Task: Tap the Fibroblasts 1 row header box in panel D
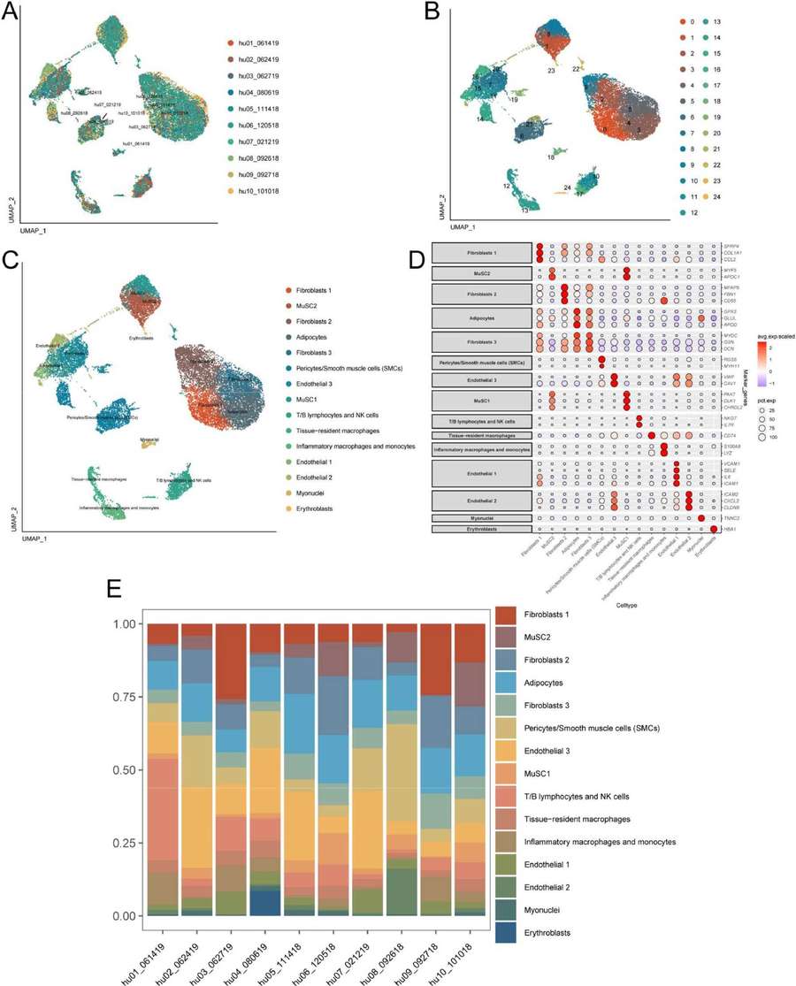(483, 256)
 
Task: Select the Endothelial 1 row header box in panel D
(483, 479)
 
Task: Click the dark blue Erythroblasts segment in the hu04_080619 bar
(264, 902)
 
